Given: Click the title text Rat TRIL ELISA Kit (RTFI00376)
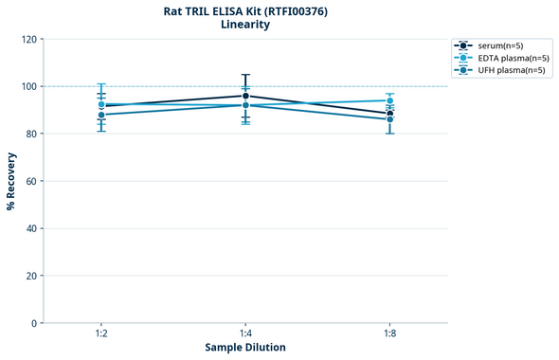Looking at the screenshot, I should point(245,10).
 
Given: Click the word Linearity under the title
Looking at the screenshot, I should point(245,25).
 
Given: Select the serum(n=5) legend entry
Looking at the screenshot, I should point(498,45).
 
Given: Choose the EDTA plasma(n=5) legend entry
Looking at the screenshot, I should point(505,58).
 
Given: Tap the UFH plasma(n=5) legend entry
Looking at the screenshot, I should point(504,70).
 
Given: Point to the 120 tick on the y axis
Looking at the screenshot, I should point(28,40).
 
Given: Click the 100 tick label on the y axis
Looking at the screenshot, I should point(28,87).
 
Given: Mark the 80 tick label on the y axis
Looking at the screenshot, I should point(31,135).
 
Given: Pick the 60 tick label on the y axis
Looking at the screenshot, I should point(31,181).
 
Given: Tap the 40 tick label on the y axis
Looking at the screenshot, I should point(31,228).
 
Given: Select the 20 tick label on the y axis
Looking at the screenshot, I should point(31,276).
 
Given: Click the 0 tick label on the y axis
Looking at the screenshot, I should point(34,323).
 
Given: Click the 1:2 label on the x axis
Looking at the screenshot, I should point(101,334).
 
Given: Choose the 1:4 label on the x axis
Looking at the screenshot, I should point(245,334).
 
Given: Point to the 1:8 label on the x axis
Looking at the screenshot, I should point(389,334).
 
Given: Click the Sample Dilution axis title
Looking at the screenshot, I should point(245,348).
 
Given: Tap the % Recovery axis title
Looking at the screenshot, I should point(11,181).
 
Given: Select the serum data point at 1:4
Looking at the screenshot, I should point(245,96).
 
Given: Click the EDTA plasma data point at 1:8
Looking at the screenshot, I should point(389,100).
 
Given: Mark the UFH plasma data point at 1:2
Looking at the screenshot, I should point(101,115).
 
